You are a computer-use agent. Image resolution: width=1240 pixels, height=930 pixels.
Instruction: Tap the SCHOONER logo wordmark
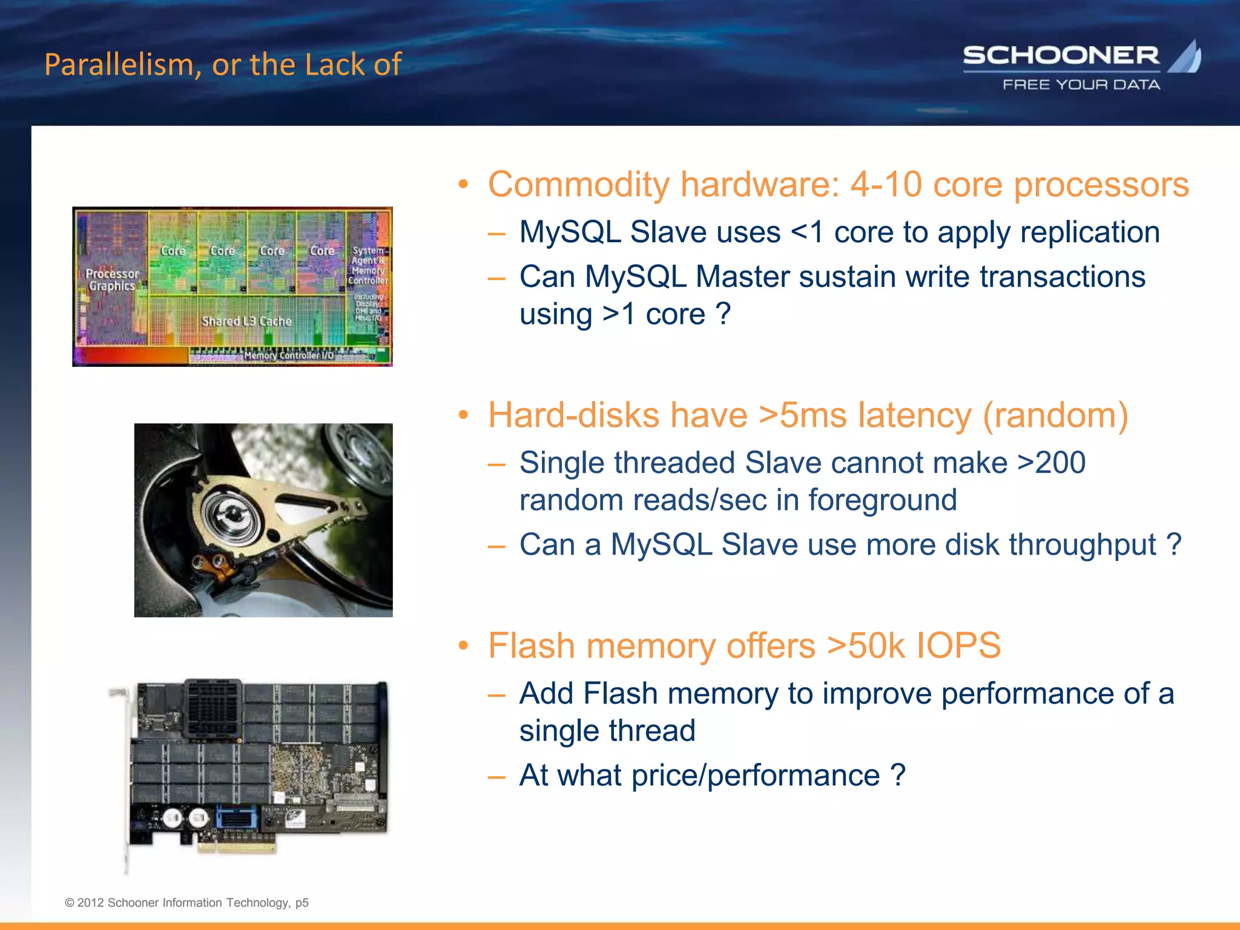coord(1061,56)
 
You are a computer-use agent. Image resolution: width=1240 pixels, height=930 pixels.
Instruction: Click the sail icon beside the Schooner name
coord(1186,57)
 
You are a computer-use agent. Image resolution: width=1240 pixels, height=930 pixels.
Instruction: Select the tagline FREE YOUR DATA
coord(1081,85)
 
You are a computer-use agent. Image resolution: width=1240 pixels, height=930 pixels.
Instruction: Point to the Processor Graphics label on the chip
coord(112,280)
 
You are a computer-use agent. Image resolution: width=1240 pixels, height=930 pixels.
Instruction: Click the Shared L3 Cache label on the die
coord(246,321)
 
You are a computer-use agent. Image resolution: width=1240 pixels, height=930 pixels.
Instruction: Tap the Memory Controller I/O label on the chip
coord(289,355)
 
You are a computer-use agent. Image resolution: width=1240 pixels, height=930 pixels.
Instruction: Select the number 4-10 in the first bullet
coord(886,184)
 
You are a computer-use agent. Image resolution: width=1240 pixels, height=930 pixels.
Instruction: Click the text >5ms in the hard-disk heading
coord(803,415)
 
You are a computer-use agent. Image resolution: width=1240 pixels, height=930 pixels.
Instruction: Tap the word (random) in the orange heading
coord(1055,415)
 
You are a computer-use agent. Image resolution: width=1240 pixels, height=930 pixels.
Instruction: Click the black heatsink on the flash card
coord(213,708)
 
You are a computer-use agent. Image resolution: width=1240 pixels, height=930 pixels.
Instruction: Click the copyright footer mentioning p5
coord(186,903)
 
